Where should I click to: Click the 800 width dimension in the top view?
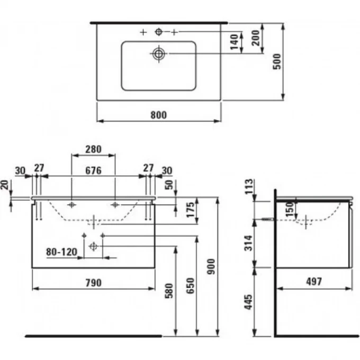158,114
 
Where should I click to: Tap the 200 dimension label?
255,39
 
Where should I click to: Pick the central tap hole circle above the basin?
158,32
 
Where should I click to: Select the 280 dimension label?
93,150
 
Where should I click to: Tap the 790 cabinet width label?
93,283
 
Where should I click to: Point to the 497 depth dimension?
313,282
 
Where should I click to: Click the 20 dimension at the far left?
5,186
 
